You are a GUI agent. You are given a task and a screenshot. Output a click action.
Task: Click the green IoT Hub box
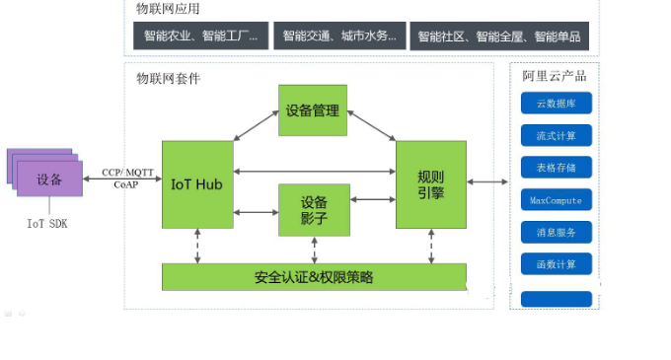[x=197, y=184]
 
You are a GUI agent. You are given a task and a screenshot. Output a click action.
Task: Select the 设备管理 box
[x=312, y=110]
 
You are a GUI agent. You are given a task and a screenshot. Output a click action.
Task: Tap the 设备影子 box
[x=313, y=209]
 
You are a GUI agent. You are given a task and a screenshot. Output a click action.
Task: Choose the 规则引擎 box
[x=430, y=184]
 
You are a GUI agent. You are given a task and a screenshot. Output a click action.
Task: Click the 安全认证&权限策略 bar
[x=314, y=276]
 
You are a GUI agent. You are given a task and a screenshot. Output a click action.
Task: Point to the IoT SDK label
[x=47, y=224]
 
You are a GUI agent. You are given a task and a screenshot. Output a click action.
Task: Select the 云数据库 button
[x=557, y=104]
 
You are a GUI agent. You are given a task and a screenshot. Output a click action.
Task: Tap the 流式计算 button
[x=557, y=135]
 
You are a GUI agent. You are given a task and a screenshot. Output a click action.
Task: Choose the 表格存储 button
[x=557, y=168]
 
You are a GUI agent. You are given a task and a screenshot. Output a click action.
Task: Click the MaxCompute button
[x=557, y=200]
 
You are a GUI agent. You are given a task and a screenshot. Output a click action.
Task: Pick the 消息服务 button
[x=557, y=232]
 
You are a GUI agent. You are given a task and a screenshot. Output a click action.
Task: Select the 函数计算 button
[x=557, y=263]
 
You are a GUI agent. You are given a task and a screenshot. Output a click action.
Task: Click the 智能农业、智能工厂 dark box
[x=200, y=36]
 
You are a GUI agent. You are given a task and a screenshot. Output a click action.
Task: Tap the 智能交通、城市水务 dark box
[x=339, y=36]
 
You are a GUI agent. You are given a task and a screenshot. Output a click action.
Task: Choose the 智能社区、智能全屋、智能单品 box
[x=499, y=36]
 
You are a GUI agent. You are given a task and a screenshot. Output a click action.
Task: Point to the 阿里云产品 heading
[x=555, y=77]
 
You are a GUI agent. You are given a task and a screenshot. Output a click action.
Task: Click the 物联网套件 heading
[x=168, y=78]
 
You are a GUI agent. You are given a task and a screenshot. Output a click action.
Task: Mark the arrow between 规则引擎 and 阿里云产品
[x=487, y=181]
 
